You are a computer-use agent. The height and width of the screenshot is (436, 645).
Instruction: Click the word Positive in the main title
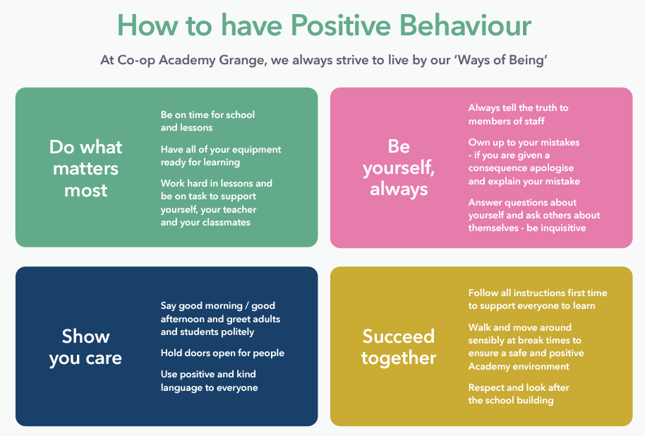click(x=341, y=25)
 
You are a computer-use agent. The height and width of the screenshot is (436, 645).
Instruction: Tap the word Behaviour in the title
click(x=466, y=25)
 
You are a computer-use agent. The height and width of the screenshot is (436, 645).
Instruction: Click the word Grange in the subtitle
click(x=242, y=61)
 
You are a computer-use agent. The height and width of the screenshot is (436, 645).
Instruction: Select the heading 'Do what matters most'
click(x=85, y=169)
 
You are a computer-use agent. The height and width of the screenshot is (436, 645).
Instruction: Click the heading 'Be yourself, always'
click(x=399, y=167)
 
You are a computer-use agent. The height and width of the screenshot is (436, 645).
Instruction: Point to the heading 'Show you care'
click(x=85, y=347)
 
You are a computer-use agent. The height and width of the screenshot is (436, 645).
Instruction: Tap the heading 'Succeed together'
click(x=399, y=347)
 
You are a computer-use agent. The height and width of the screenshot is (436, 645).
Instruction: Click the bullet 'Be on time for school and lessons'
click(x=207, y=121)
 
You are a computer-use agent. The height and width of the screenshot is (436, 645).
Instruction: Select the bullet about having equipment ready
click(x=221, y=155)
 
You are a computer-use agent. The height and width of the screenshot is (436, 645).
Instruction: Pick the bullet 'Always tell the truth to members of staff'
click(x=518, y=114)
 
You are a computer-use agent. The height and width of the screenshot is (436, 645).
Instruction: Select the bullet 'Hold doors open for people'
click(x=222, y=353)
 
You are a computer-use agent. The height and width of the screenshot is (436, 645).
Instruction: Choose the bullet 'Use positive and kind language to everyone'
click(x=210, y=381)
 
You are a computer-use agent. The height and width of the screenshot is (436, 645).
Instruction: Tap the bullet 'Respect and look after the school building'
click(x=519, y=394)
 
